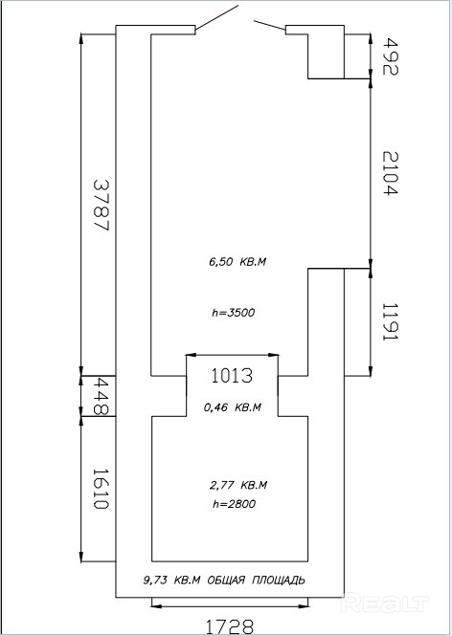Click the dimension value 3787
(x=102, y=205)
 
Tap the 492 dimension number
(x=391, y=56)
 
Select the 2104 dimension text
(x=391, y=173)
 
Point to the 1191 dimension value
(x=391, y=322)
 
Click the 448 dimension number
(x=101, y=396)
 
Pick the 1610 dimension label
(x=101, y=489)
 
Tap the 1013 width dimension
(x=232, y=376)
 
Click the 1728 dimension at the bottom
(x=230, y=626)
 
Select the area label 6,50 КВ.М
(x=237, y=262)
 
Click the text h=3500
(x=234, y=313)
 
